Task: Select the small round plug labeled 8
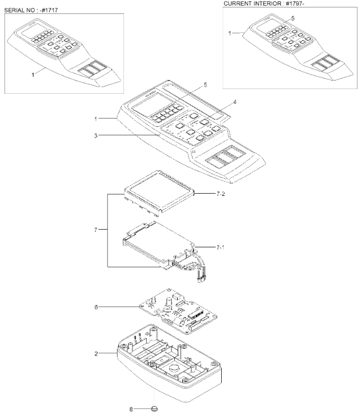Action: coord(154,408)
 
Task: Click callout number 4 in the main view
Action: coord(233,103)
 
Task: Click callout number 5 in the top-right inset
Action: coord(293,18)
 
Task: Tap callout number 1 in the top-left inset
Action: coord(33,74)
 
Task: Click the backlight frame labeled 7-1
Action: coord(160,240)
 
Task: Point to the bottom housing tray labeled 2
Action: coord(171,366)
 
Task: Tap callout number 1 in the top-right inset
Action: coord(231,34)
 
